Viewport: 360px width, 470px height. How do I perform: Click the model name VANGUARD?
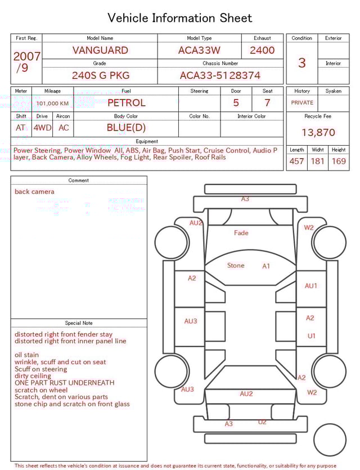(100, 50)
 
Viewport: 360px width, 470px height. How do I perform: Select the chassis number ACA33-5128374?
(220, 75)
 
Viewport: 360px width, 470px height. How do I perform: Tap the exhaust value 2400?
(262, 50)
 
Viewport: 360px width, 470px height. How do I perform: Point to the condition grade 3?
(301, 62)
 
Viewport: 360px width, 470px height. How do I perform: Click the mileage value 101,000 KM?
(53, 104)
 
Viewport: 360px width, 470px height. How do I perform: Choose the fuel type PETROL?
(126, 103)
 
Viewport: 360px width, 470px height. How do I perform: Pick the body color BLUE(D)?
(126, 127)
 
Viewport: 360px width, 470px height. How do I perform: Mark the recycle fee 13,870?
(318, 133)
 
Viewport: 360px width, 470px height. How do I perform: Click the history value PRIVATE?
(302, 103)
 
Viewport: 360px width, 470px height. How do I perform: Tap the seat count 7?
(267, 103)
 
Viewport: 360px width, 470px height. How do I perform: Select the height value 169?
(339, 162)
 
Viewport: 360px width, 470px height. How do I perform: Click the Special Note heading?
(79, 323)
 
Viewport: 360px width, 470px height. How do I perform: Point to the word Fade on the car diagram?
(241, 232)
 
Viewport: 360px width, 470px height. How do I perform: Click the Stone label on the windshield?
(236, 265)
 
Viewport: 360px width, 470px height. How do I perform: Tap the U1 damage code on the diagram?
(311, 336)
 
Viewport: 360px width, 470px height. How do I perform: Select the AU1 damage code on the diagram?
(311, 286)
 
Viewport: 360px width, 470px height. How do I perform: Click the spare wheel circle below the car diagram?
(330, 440)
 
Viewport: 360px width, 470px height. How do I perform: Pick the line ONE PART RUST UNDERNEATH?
(64, 383)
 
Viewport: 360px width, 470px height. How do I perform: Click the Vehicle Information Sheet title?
(180, 18)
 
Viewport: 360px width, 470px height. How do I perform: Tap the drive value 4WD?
(42, 128)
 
